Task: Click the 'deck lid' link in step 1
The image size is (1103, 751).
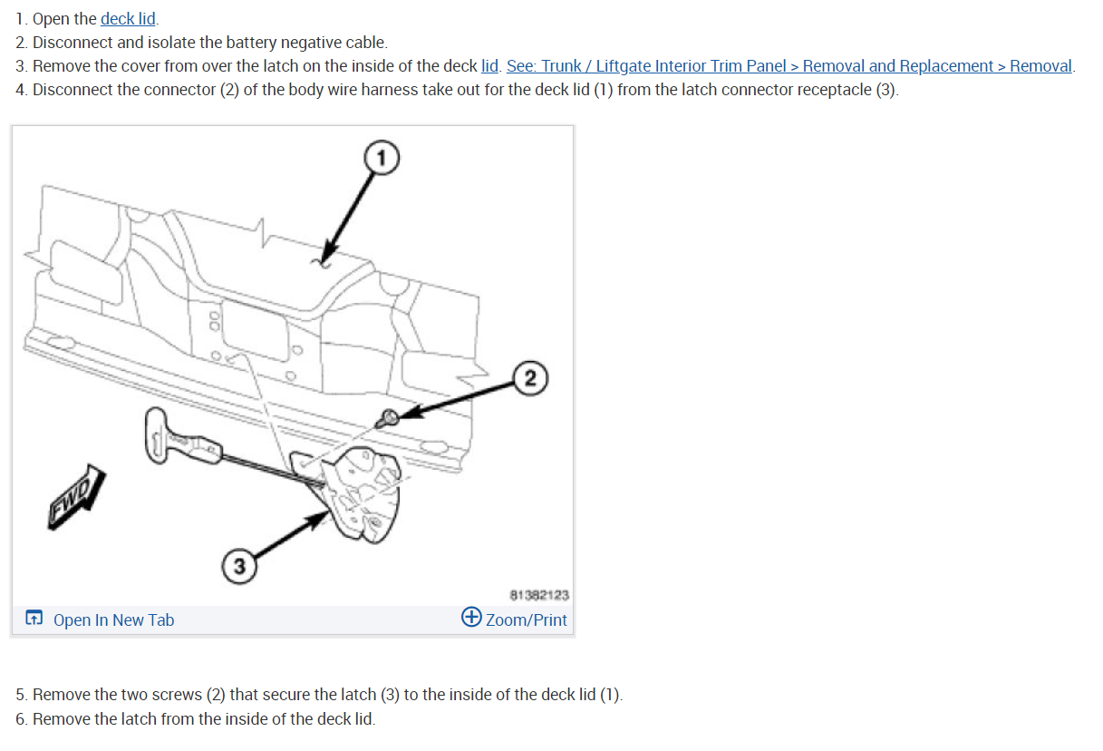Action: coord(128,19)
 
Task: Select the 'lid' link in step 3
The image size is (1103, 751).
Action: coord(489,66)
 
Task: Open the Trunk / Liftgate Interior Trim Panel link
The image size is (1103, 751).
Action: coord(789,66)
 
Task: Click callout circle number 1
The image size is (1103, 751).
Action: coord(382,159)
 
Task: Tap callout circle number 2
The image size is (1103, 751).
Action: coord(530,377)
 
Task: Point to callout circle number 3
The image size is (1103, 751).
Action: coord(238,567)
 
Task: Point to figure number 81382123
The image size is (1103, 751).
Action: coord(539,595)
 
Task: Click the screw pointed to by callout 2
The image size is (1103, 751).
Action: coord(388,418)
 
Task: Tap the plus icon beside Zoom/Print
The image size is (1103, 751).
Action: coord(471,618)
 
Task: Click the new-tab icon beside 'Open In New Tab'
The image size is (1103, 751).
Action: coord(34,619)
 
